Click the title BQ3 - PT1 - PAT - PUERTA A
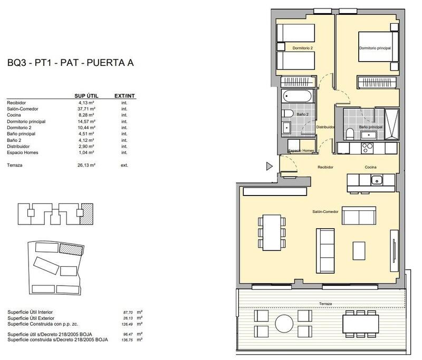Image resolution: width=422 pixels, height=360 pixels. pos(70,63)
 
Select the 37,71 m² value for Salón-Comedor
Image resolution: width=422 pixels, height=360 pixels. pos(85,109)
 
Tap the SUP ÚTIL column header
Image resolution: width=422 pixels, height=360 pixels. pos(85,96)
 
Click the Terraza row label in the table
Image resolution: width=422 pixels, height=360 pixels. pos(15,165)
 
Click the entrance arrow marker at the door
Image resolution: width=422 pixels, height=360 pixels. pos(268,167)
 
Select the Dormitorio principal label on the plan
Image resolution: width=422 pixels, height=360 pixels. pos(375,48)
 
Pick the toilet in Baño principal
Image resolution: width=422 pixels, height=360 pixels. pos(350,133)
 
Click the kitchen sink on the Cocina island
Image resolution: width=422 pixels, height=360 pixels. pos(376,181)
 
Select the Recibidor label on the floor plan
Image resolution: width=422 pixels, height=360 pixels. pos(326,167)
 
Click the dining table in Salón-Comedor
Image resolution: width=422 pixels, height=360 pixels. pos(273,232)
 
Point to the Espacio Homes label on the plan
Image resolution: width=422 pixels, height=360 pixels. pos(301,151)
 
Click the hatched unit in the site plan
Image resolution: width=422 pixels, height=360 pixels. pos(67,248)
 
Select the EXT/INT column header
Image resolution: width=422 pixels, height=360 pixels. pos(125,96)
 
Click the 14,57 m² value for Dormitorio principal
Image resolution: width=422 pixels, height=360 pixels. pos(85,121)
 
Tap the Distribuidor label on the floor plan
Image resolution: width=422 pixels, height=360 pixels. pos(325,127)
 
